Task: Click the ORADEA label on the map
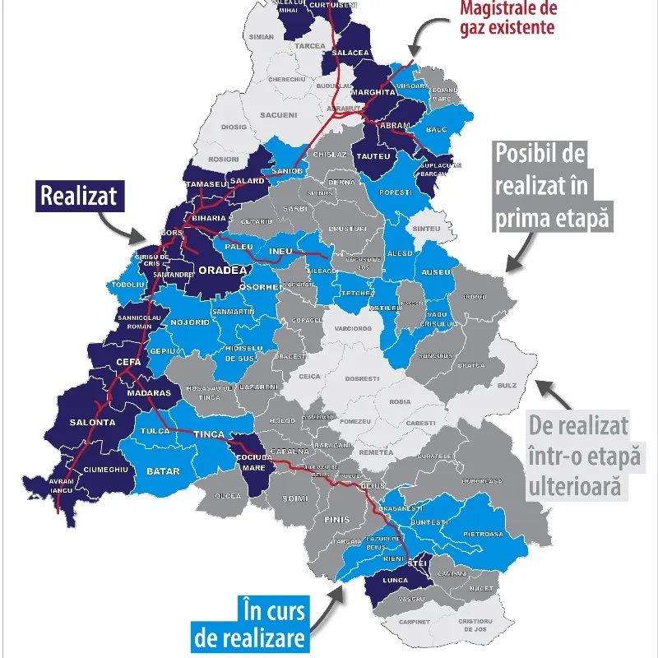tap(222, 270)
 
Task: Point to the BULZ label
tap(507, 384)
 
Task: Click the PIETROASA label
tap(484, 534)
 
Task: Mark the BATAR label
tap(162, 470)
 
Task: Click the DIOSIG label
tap(234, 127)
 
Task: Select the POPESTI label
tap(395, 191)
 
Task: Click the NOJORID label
tap(190, 322)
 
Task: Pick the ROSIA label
tap(401, 402)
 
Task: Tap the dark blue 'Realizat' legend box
tap(79, 196)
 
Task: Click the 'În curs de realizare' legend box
tap(262, 624)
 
